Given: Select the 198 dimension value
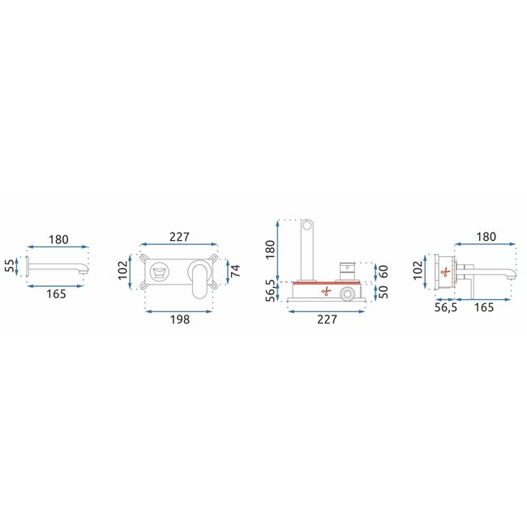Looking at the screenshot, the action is tap(180, 319).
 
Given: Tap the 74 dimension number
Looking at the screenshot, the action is tap(236, 271).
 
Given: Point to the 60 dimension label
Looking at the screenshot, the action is tap(383, 272).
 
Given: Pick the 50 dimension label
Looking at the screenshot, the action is tap(383, 292).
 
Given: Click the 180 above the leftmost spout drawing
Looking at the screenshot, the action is tap(58, 240).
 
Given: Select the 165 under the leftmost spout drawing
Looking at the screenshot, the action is tap(56, 293).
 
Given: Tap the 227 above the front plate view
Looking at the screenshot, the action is tap(179, 237).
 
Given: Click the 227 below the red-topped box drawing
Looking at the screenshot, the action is tap(327, 319).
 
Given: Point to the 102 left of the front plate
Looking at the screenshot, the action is tap(123, 270).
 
